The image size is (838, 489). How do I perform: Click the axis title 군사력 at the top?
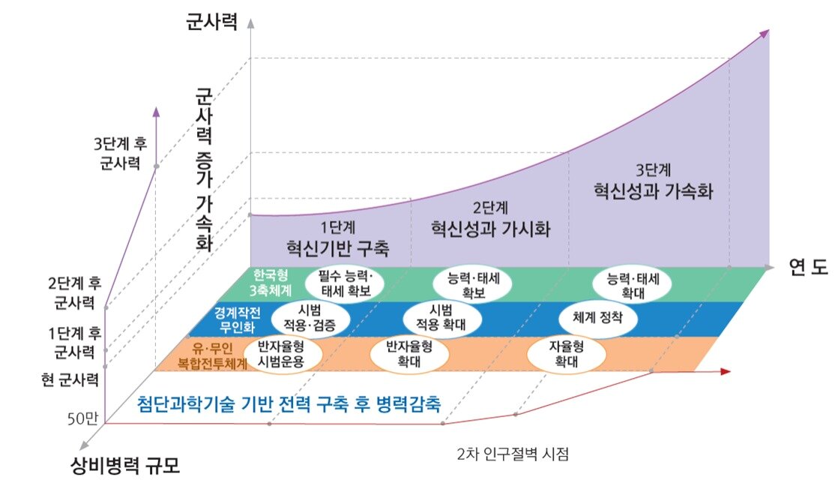click(211, 22)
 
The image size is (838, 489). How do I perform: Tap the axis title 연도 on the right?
click(807, 266)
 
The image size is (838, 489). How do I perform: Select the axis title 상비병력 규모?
click(121, 466)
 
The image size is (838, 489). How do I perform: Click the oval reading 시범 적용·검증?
click(310, 318)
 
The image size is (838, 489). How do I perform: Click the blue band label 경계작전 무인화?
click(231, 317)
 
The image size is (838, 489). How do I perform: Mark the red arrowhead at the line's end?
click(725, 371)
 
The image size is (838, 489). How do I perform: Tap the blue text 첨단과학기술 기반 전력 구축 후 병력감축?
click(289, 403)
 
